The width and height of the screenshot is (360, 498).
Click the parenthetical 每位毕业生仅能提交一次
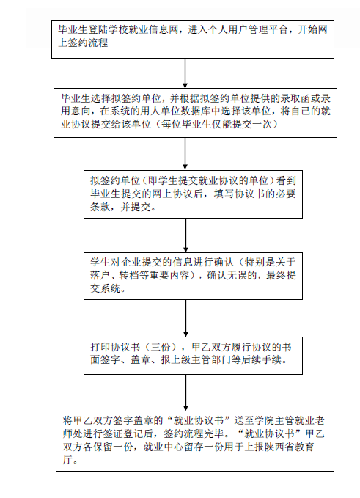217,124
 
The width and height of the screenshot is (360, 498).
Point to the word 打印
100,347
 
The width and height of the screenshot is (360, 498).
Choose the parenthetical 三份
161,347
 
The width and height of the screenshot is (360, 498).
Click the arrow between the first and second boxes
185,73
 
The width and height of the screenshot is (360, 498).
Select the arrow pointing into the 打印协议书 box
185,318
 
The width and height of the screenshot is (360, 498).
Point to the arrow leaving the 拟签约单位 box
185,235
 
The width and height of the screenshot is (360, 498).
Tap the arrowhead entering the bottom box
185,408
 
